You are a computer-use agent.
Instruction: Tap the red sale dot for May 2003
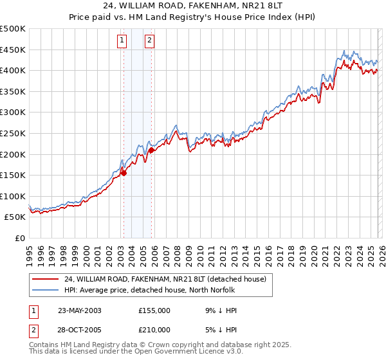coord(124,172)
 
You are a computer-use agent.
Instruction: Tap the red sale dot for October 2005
coord(151,150)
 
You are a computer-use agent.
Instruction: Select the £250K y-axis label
coord(13,133)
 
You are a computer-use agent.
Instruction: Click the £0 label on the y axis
coord(19,238)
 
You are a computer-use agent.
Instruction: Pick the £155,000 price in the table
coord(154,310)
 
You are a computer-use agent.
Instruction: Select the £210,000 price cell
coord(154,330)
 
